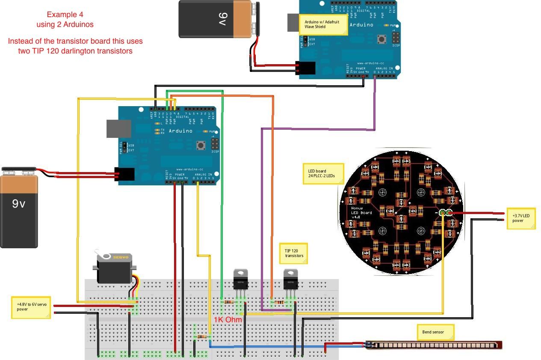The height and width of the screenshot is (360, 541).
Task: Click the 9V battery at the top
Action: pos(216,19)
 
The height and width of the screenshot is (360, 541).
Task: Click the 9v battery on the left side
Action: pos(19,208)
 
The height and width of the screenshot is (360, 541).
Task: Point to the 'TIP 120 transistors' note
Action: pos(294,253)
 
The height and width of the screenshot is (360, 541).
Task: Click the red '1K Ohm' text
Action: pos(228,320)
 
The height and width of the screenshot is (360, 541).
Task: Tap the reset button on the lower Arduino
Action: pos(200,146)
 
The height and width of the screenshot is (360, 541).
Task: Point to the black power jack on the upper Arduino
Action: pos(306,68)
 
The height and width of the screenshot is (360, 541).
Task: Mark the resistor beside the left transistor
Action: pos(229,302)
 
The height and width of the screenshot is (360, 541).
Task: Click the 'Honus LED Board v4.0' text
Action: pos(361,212)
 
